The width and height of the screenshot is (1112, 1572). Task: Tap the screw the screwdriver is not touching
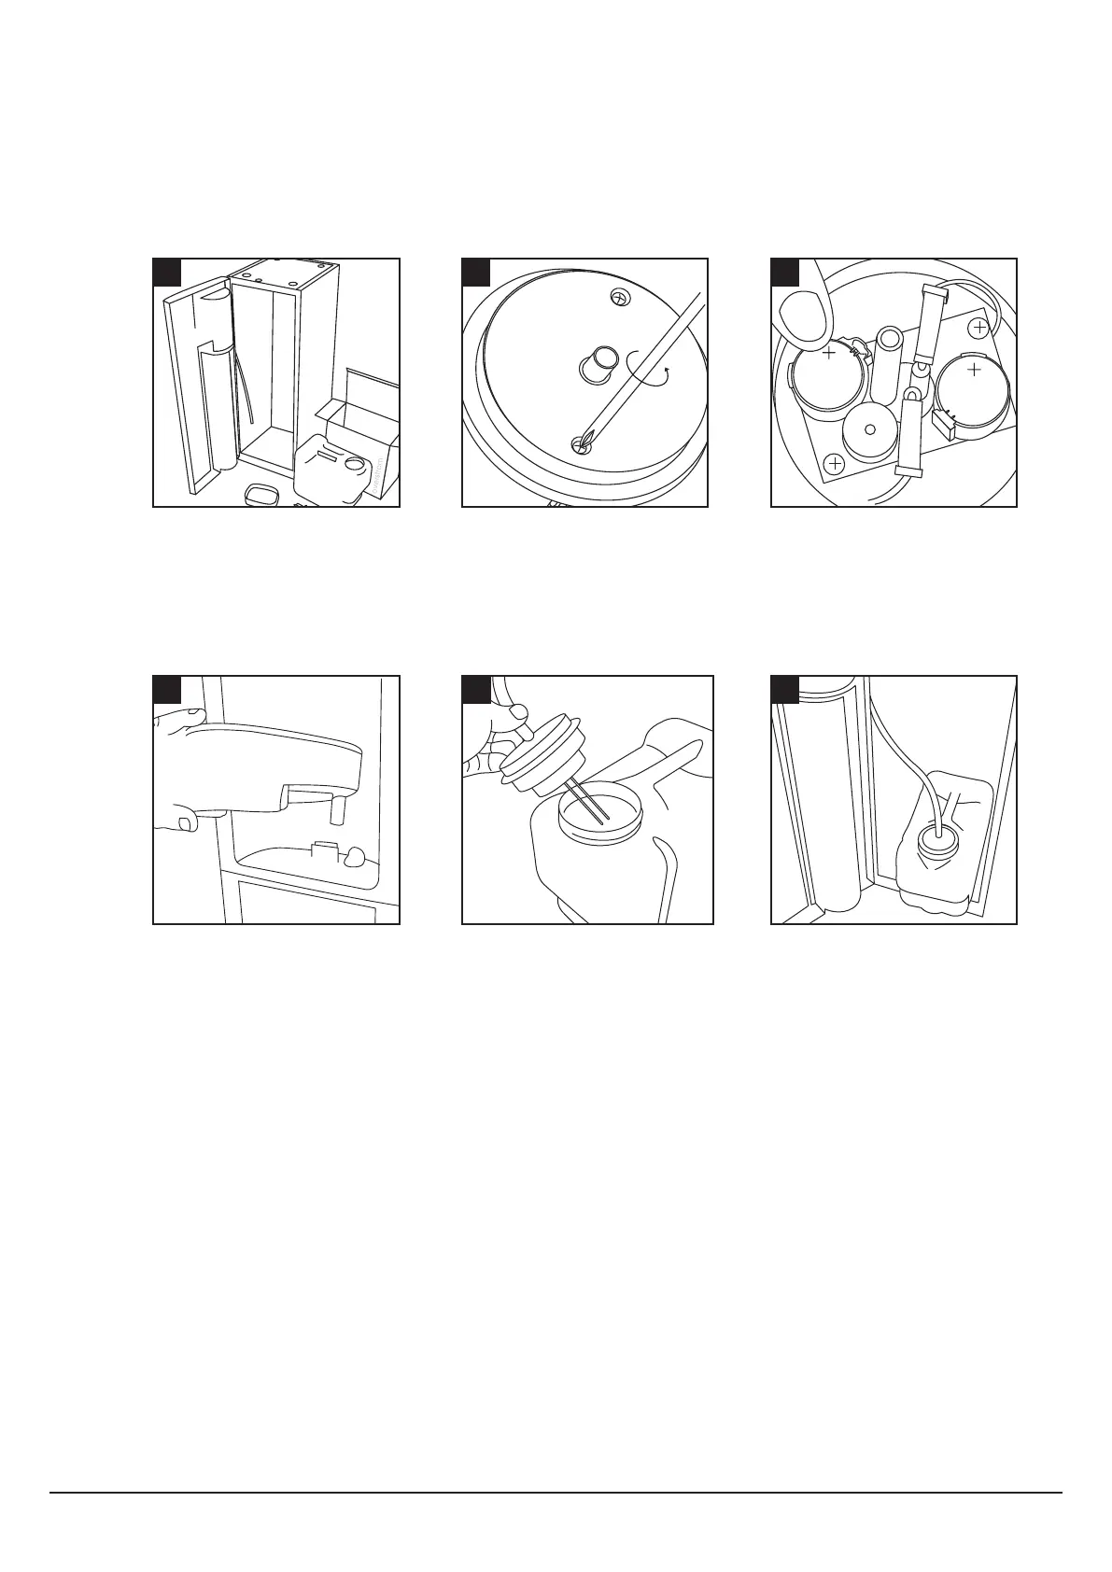[616, 297]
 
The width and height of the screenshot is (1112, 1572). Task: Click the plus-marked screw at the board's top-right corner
[978, 328]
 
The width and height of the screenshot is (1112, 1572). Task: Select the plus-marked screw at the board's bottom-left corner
[835, 463]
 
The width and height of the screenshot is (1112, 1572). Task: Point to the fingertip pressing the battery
[803, 313]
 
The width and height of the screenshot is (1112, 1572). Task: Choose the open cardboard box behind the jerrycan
[364, 411]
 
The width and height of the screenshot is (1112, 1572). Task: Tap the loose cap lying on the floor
[264, 494]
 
